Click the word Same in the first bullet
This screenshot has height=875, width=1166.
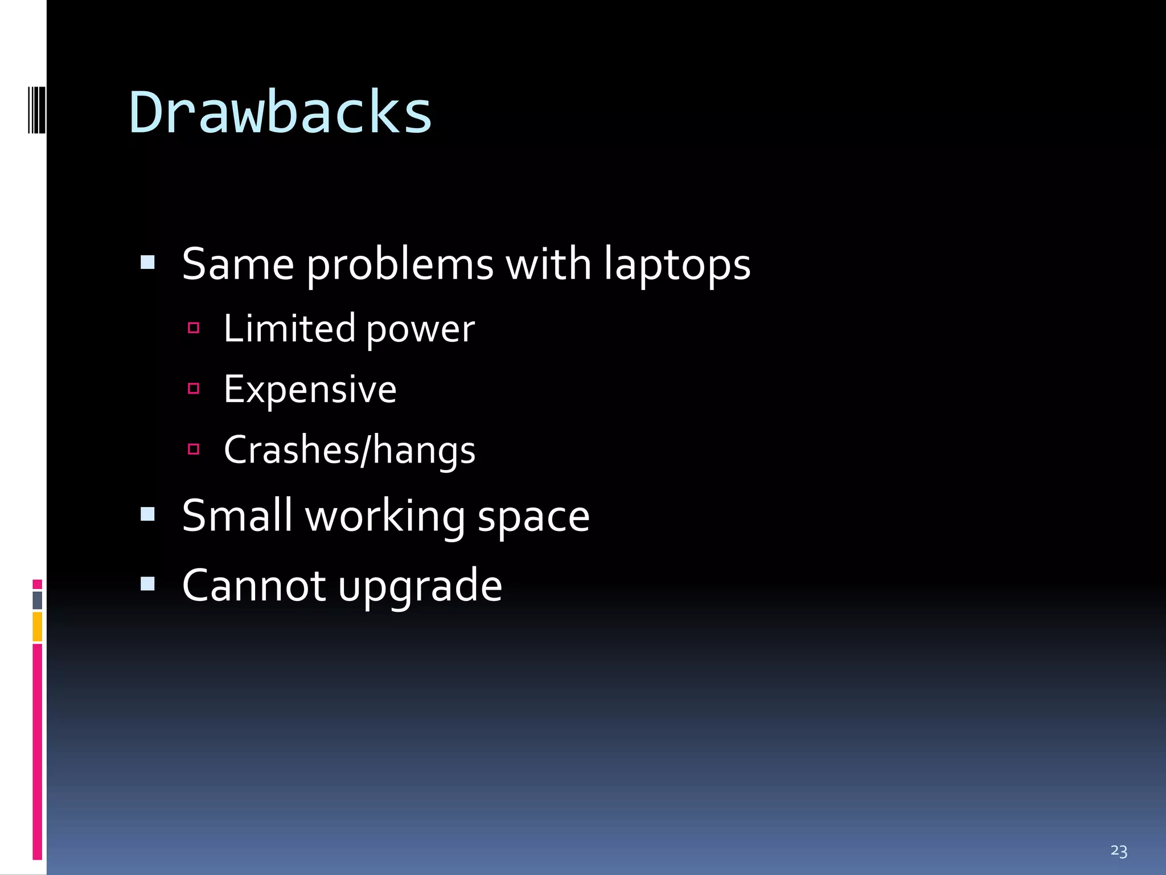pos(238,264)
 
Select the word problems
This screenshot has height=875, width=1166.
pos(400,265)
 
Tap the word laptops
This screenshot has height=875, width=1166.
pos(677,265)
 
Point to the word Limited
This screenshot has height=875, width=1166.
pos(289,329)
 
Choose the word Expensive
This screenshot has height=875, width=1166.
pos(310,390)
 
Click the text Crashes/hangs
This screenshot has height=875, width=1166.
pos(349,451)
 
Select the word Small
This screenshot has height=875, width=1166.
pos(237,516)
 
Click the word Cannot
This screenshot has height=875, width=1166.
pos(254,586)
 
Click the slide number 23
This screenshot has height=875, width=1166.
pos(1118,851)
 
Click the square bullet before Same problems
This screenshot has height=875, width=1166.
pos(147,262)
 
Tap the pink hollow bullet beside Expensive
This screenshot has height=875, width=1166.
pos(194,389)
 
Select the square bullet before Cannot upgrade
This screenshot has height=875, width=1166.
pos(147,584)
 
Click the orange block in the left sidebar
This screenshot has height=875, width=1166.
pos(38,627)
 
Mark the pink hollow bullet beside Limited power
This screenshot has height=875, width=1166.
pos(194,328)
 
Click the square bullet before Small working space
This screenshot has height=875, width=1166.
pos(147,514)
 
